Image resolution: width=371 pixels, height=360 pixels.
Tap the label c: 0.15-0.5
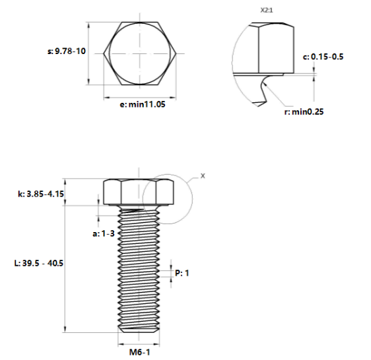323,57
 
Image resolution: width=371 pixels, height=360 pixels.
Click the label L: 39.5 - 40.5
39,262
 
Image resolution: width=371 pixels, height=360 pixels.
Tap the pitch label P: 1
182,272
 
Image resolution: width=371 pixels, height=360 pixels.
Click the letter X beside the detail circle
203,176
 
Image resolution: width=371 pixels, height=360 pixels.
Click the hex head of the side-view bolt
139,192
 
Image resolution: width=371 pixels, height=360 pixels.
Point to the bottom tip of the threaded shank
139,332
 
